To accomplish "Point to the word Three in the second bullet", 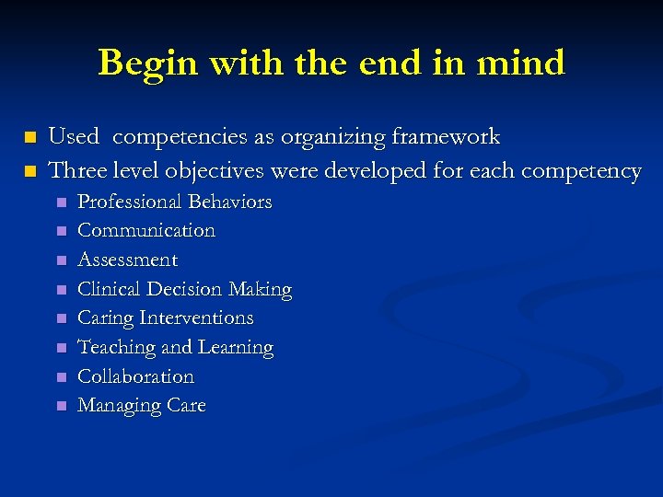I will click(x=75, y=170).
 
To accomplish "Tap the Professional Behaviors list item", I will click(x=174, y=202).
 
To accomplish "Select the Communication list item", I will click(x=146, y=230).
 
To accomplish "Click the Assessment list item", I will click(x=127, y=260).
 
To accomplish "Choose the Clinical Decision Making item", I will click(x=184, y=289).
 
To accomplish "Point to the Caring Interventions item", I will click(x=165, y=318).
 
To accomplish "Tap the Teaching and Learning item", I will click(x=175, y=347).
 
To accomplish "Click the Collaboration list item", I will click(x=135, y=376).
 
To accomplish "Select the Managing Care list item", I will click(x=141, y=405).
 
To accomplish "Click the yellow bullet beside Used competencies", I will click(x=30, y=138).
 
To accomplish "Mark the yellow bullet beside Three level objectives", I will click(x=30, y=171).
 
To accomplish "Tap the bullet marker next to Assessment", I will click(x=61, y=260).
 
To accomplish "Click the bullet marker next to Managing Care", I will click(x=61, y=406).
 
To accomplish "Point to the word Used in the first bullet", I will click(x=73, y=138).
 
